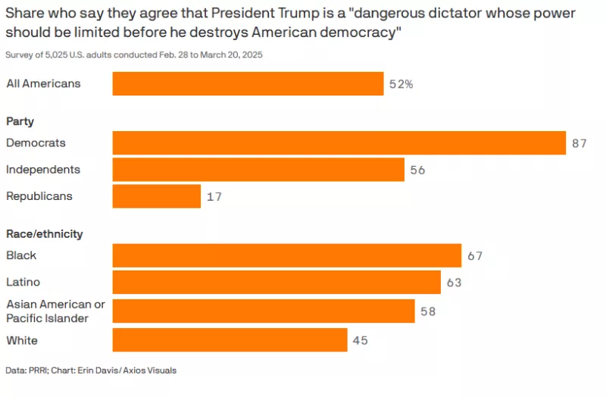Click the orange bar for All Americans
tap(248, 83)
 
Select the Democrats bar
tap(339, 143)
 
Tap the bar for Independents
tap(258, 169)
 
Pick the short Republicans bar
tap(157, 196)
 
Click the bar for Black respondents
tap(287, 255)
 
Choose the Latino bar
tap(276, 282)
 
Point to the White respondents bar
tap(230, 339)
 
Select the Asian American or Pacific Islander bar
tap(264, 311)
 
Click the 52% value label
tap(401, 84)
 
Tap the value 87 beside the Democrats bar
tap(579, 143)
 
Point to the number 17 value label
tap(214, 197)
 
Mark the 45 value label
tap(361, 340)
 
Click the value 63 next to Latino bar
tap(454, 283)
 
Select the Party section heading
tap(20, 121)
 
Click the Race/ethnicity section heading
tap(45, 234)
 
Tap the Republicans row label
tap(39, 196)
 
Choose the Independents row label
tap(43, 169)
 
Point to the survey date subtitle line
tap(134, 55)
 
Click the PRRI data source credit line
tap(91, 370)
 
